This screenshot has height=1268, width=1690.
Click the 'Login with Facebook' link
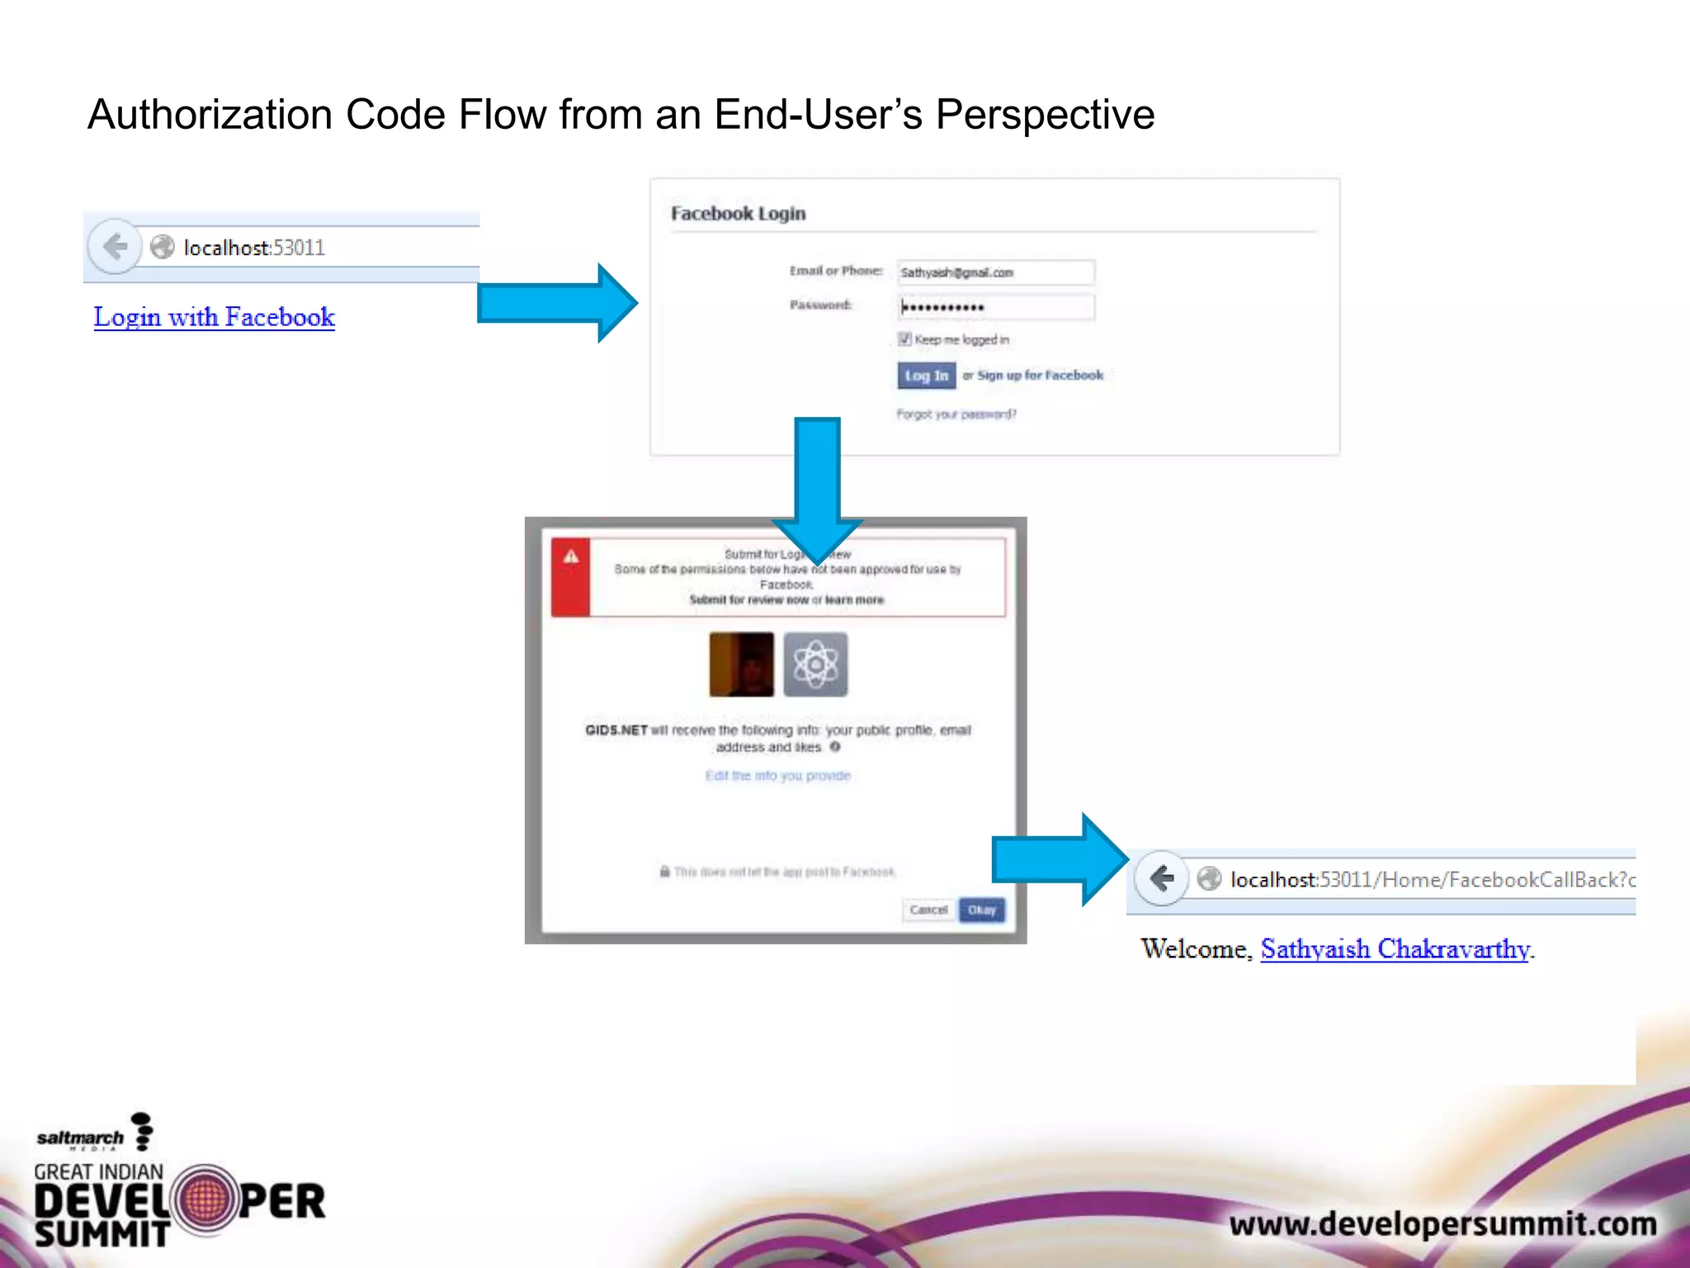click(214, 317)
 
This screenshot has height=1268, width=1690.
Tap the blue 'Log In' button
click(926, 376)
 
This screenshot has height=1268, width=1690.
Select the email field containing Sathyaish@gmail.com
click(995, 272)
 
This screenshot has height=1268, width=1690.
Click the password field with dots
click(995, 308)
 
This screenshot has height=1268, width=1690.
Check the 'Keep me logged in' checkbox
click(904, 339)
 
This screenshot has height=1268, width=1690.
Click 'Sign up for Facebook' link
click(1040, 376)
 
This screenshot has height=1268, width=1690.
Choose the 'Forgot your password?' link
click(956, 414)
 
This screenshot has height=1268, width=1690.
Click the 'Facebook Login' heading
click(738, 214)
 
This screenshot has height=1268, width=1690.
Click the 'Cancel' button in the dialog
click(928, 910)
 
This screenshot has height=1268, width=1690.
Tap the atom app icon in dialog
click(815, 665)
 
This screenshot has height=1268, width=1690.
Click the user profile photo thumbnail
click(742, 665)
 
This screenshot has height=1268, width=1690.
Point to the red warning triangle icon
click(571, 557)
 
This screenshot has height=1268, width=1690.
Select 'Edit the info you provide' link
click(777, 776)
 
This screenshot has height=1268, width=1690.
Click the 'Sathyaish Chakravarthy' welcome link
click(1395, 949)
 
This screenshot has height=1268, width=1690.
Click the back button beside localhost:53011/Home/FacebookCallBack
click(1162, 878)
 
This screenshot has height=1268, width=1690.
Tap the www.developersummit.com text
click(1442, 1223)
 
